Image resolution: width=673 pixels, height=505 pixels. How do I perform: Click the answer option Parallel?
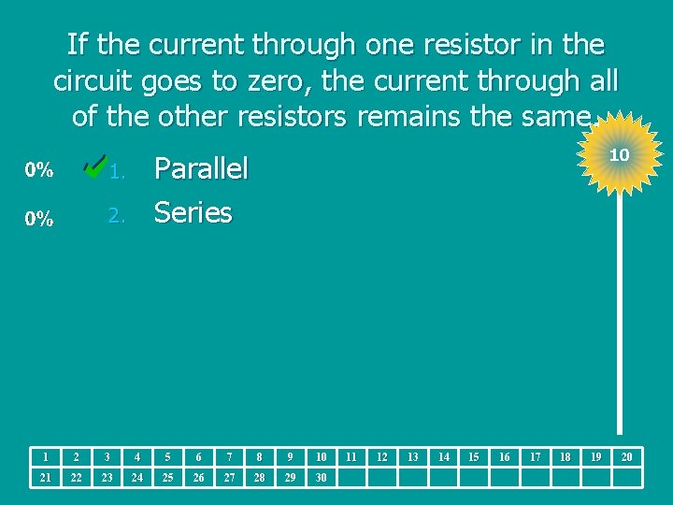click(201, 169)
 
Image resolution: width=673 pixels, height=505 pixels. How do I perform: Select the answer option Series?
click(193, 213)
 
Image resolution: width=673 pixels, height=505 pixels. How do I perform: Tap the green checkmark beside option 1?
click(94, 166)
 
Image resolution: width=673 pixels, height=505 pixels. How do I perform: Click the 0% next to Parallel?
click(38, 170)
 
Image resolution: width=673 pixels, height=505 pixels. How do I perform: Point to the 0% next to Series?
click(38, 219)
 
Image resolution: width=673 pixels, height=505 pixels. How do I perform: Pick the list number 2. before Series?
click(116, 216)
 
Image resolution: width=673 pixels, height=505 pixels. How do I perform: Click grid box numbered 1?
click(45, 457)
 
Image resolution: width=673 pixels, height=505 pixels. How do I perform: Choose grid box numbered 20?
click(626, 457)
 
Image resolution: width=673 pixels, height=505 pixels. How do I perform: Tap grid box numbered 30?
click(321, 478)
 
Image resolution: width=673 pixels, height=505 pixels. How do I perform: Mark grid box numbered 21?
click(45, 478)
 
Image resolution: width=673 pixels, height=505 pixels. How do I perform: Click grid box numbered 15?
click(474, 457)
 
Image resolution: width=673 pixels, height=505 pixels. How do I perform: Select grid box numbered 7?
click(229, 457)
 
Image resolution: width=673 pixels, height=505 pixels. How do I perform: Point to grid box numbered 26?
click(198, 478)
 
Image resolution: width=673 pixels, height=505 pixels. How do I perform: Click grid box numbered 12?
click(382, 457)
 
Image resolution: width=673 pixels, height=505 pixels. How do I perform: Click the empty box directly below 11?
click(351, 478)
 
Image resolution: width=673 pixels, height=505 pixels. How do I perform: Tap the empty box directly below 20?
click(626, 478)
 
